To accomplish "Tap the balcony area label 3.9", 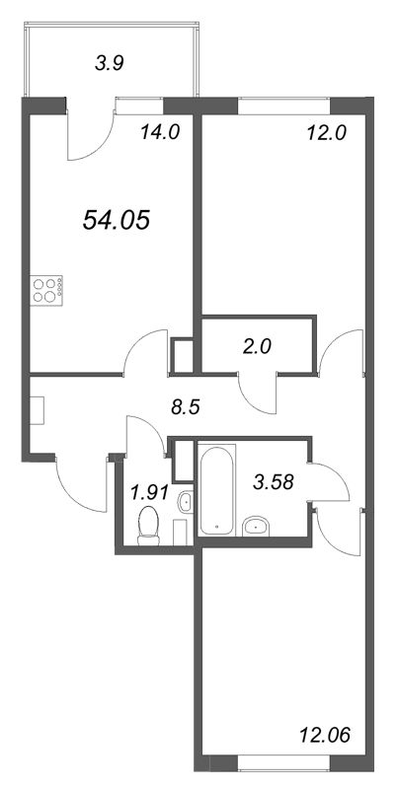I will point(110,65).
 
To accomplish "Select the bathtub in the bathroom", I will point(214,488).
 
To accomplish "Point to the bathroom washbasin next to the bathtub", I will point(260,524).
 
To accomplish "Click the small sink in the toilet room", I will point(184,504).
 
